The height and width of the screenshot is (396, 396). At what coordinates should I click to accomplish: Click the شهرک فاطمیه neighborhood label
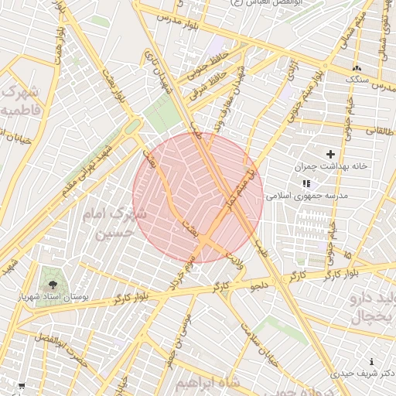click(x=20, y=101)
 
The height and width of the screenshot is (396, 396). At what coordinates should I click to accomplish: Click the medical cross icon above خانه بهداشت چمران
click(x=331, y=155)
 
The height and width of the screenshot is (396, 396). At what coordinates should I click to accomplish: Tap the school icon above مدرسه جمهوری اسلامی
click(x=306, y=184)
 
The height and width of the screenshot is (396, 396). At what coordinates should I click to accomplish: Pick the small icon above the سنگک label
click(x=357, y=69)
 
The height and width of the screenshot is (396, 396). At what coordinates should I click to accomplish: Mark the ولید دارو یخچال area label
click(x=367, y=307)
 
